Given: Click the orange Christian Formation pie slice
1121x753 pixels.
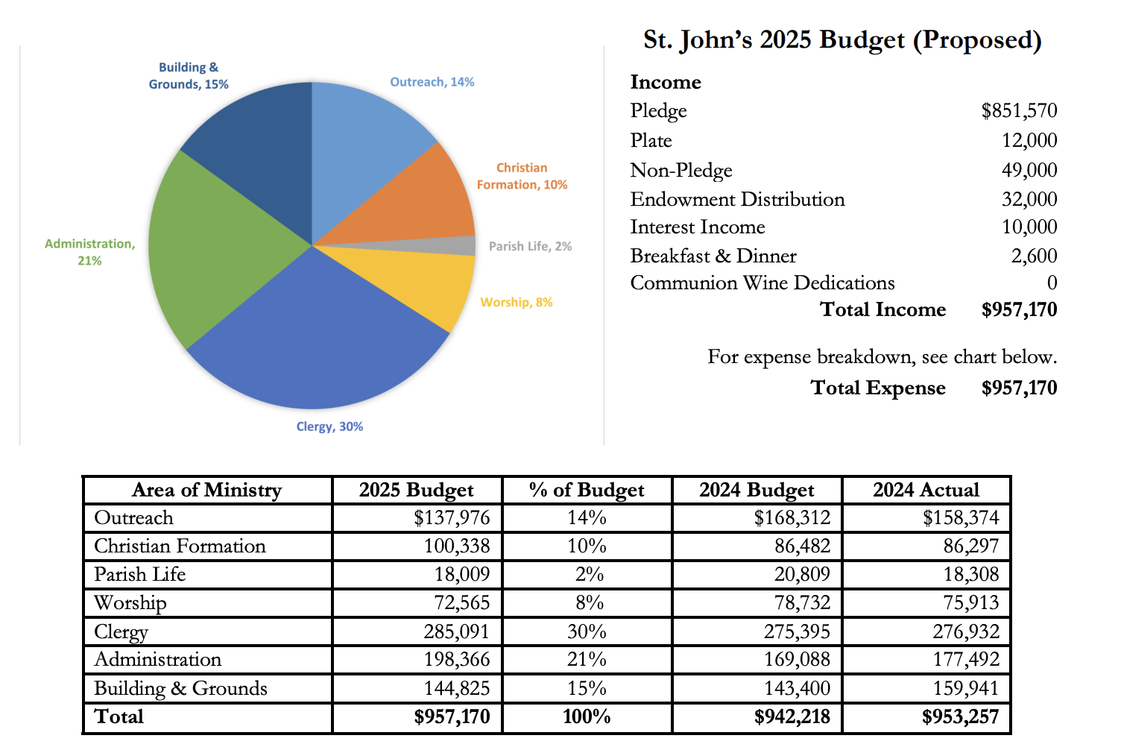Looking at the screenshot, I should (417, 201).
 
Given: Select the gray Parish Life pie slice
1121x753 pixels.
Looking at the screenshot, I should (447, 246).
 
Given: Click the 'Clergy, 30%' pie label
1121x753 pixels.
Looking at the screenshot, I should (329, 426).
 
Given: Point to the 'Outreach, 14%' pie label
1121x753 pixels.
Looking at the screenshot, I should (432, 82).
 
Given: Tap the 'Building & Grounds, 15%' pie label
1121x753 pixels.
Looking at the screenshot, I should (189, 76).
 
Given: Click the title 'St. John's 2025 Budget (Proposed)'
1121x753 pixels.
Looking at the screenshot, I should (842, 40).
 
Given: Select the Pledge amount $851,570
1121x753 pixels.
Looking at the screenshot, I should (1019, 110).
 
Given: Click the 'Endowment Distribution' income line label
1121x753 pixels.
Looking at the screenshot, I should (737, 199).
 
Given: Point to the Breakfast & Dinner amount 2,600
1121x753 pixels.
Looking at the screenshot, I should (1034, 256).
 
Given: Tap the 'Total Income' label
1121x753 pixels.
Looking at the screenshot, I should (882, 309).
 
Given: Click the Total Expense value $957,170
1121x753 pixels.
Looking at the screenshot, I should (1019, 388).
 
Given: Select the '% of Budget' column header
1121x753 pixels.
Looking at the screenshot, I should (587, 490).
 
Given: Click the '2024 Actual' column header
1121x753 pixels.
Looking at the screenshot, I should (926, 490).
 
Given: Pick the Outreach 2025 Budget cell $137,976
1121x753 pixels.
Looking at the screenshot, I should (452, 517).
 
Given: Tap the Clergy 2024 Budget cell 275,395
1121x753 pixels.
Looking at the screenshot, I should (797, 631).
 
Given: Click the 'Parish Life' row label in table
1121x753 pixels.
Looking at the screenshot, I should (140, 574).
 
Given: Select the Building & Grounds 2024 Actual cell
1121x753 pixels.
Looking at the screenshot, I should (966, 688).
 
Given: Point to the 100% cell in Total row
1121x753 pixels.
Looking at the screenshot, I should (587, 716).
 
